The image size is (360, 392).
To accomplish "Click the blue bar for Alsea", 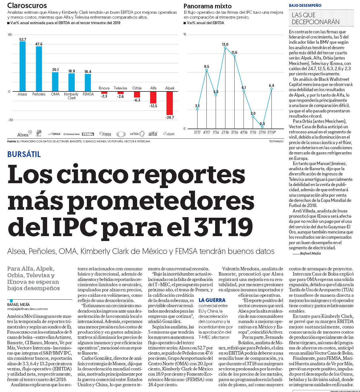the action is point(22,66).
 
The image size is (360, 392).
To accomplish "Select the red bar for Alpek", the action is point(169,103).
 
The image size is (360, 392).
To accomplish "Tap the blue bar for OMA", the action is point(55,82).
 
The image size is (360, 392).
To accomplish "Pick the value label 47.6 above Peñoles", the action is point(39,44).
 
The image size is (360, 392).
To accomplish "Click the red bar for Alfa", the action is point(153,97).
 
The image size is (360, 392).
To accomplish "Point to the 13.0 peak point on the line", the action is point(225,47).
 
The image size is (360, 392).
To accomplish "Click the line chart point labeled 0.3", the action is point(262,127).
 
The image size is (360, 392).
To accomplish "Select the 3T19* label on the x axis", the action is point(271,132).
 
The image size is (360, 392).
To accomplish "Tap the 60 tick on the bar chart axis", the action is point(10,35).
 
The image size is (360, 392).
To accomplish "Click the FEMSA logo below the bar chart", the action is point(88,134).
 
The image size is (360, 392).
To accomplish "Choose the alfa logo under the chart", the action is point(153,134).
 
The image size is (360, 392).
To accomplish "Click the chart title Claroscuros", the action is point(27,5).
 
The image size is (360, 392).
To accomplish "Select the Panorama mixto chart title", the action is point(207,6).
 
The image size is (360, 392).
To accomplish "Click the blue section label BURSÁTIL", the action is point(24,154).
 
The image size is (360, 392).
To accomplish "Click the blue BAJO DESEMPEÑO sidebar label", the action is point(305,5).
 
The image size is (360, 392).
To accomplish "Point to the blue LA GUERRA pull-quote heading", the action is point(212,300).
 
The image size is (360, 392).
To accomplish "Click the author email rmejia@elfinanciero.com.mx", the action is point(27,309).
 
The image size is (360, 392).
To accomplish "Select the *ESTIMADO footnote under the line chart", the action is point(276,141).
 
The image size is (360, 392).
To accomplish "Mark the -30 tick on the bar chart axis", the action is point(10,120).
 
